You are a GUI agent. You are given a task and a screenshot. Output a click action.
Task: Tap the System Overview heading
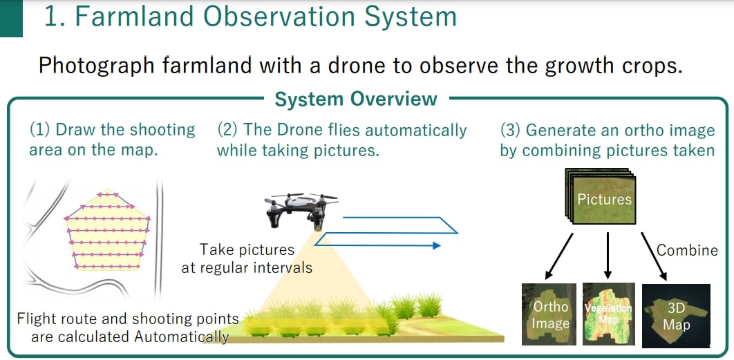point(356,100)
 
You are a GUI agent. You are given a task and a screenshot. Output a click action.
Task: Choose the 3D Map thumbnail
point(676,316)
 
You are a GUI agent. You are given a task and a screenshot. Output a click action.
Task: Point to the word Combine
point(687,250)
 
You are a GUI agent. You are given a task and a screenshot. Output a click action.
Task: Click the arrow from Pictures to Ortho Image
point(559,255)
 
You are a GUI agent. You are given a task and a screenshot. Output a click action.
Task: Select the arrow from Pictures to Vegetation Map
point(608,255)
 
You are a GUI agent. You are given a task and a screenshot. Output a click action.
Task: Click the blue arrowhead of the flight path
point(436,245)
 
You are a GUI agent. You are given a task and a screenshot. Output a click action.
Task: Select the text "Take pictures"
point(247,249)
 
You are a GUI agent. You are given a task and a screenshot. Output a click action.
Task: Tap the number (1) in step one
point(40,130)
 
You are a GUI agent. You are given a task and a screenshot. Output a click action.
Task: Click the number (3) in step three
point(511,130)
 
